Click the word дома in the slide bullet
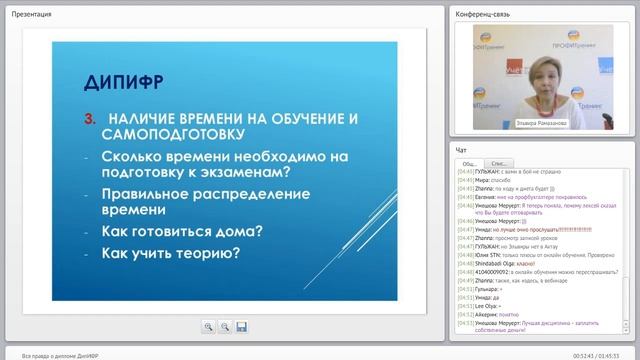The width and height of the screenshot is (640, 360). click(x=241, y=231)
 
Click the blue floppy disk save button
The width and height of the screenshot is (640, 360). click(x=241, y=326)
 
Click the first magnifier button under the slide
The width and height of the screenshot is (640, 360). click(x=208, y=326)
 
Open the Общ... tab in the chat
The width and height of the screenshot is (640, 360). click(x=468, y=163)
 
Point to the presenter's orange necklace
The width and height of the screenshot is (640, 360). click(x=548, y=98)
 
